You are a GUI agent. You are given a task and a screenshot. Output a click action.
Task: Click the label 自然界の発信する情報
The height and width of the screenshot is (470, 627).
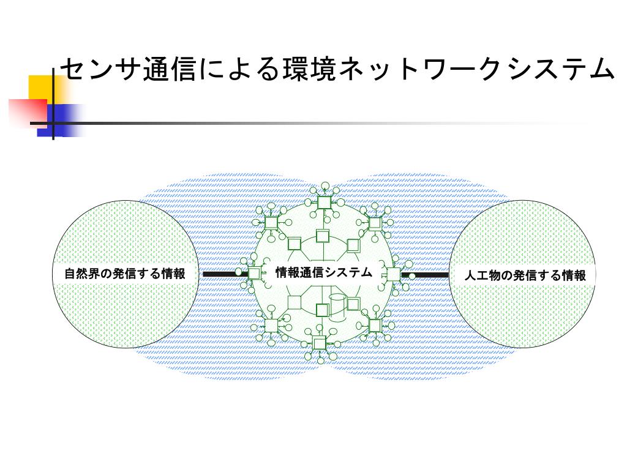125,274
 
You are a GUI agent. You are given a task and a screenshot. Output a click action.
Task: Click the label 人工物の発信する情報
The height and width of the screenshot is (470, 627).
525,275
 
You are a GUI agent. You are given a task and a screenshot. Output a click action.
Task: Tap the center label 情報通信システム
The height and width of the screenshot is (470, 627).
323,272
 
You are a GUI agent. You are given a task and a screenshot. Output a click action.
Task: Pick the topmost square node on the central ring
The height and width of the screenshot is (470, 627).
324,203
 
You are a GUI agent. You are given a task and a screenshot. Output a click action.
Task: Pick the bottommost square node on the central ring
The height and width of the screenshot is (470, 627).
319,343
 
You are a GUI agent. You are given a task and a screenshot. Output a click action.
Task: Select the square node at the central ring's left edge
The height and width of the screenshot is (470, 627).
254,274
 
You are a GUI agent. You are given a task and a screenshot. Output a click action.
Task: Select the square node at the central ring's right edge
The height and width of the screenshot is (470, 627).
393,274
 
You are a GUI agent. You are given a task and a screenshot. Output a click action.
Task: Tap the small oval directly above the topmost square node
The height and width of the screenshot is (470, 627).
325,186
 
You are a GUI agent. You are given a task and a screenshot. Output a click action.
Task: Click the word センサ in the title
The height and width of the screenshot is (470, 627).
100,70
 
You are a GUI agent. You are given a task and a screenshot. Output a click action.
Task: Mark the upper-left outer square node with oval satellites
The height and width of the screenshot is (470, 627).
271,222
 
